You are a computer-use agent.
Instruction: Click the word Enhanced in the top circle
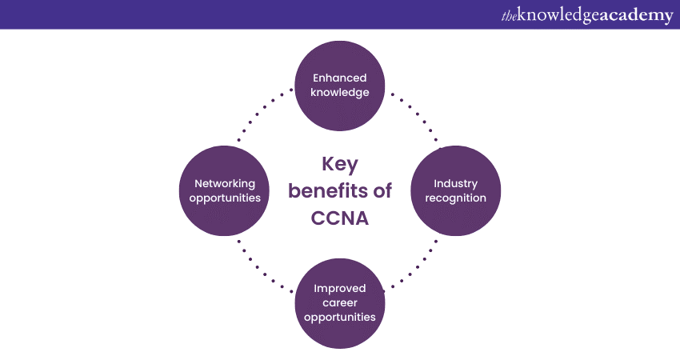pos(339,78)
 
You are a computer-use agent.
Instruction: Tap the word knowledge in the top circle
pos(339,92)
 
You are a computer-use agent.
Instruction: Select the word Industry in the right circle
pos(455,184)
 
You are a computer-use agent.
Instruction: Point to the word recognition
pos(455,198)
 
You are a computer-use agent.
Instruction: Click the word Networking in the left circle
pos(225,184)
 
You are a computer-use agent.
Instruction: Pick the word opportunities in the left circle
pos(225,198)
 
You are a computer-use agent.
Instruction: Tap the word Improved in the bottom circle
pos(339,289)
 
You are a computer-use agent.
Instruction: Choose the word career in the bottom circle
pos(339,302)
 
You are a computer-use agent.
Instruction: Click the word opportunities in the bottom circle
pos(339,317)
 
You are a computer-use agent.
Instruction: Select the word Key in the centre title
pos(339,164)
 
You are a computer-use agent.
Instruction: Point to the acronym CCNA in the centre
pos(339,218)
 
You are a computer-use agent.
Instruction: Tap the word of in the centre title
pos(382,191)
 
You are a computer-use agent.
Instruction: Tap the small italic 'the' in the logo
pos(509,16)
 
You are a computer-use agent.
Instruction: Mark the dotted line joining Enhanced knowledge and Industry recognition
pos(414,117)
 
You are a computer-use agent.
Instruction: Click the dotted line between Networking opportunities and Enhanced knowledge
pos(265,115)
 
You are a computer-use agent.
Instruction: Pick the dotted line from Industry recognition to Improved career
pos(414,264)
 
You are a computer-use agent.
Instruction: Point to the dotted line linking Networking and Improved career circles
pos(265,266)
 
